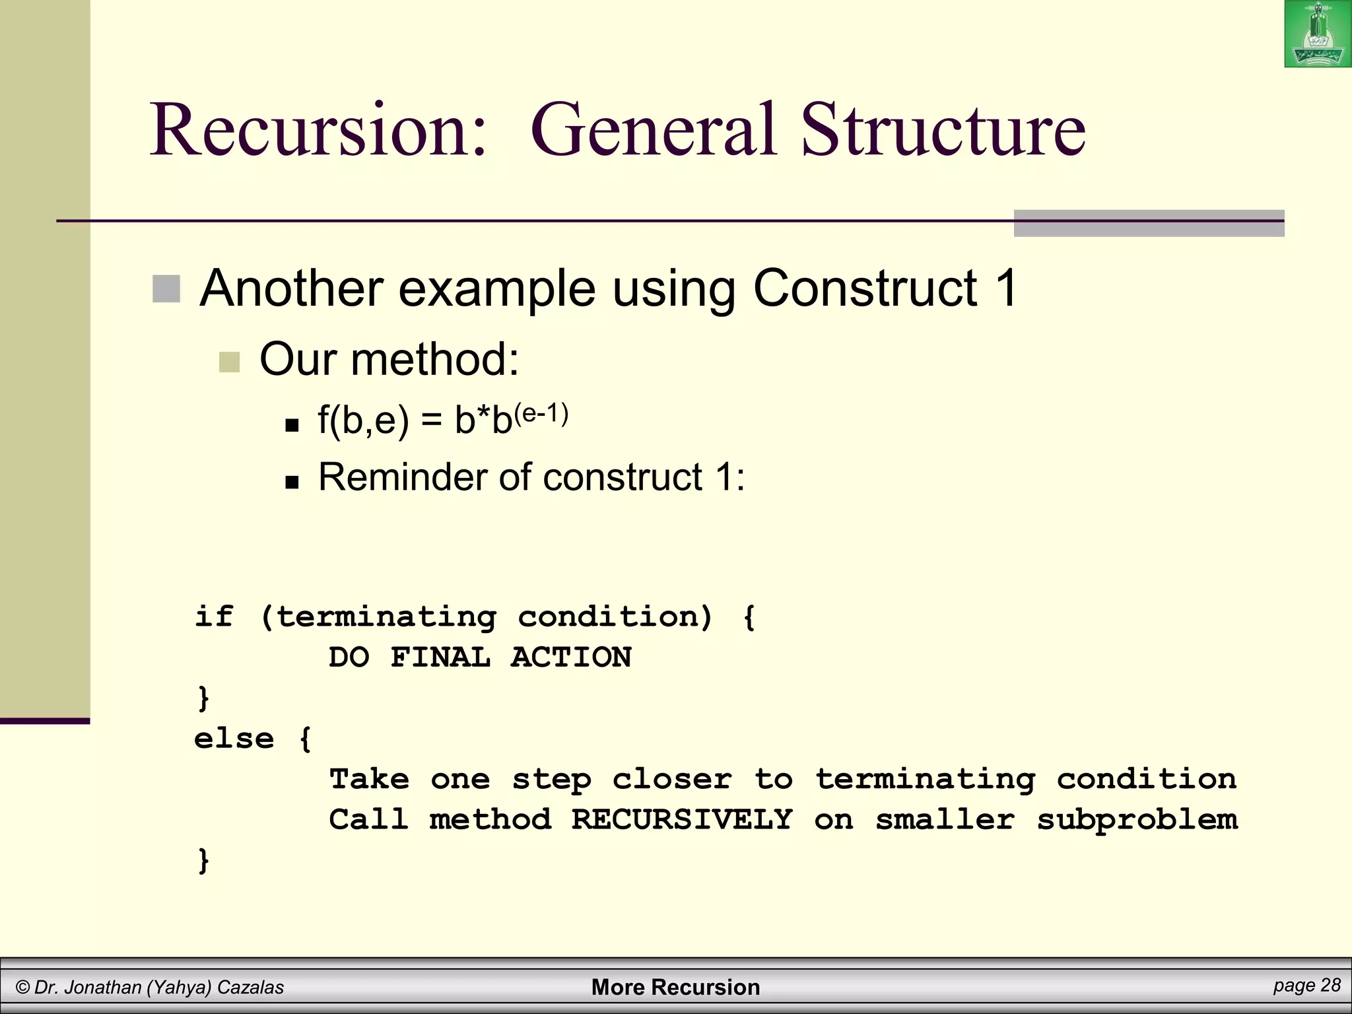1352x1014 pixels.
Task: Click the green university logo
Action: click(1317, 34)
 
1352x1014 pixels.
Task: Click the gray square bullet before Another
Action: click(166, 289)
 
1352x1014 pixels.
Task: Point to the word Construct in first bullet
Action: click(865, 288)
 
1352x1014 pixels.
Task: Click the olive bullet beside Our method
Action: click(229, 362)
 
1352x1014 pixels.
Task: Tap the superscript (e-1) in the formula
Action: click(541, 414)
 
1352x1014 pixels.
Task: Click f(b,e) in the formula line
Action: click(363, 420)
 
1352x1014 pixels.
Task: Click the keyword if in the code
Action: click(214, 617)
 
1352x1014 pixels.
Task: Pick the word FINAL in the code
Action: click(440, 658)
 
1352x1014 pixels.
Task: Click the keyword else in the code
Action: click(234, 739)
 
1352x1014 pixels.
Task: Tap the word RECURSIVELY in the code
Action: click(681, 820)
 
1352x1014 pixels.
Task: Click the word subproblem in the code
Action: click(1137, 820)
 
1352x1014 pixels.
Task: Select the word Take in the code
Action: click(369, 780)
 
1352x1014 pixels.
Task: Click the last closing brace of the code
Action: click(203, 861)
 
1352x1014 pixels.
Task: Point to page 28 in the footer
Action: click(1306, 985)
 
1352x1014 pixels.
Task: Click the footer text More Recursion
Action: click(675, 987)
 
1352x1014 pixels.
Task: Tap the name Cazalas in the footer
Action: click(250, 988)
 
